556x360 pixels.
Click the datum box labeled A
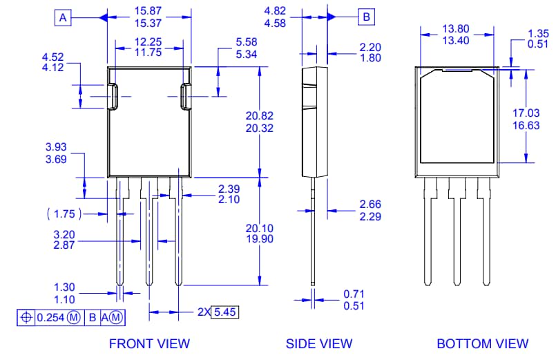coord(63,18)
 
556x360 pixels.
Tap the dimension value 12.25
coord(148,42)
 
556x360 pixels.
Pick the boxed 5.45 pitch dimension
coord(224,312)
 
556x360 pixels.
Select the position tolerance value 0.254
coord(49,317)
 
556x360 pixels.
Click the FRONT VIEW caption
coord(149,343)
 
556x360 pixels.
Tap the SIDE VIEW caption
coord(319,343)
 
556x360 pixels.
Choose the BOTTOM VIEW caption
coord(482,343)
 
